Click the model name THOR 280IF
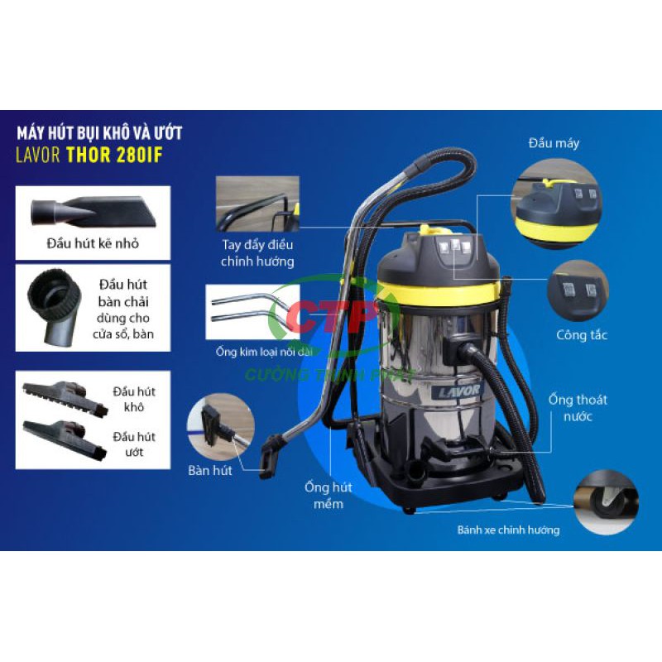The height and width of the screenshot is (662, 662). point(114,155)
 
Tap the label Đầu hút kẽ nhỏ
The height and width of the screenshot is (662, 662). point(93,243)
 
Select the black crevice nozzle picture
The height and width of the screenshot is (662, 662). point(93,211)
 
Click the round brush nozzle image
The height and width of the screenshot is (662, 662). point(54,307)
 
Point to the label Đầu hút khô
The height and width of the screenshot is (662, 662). point(134,399)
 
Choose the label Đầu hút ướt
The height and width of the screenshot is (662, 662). point(134,444)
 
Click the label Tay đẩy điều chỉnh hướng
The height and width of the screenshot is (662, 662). point(257,253)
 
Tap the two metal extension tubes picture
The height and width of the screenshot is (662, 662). point(252,312)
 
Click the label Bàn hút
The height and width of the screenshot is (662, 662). point(210,470)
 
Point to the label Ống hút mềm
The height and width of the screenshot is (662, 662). point(329,495)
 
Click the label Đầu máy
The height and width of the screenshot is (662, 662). point(554,143)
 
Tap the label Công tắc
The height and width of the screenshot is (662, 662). point(582,335)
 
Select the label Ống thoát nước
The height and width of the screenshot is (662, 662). point(578,408)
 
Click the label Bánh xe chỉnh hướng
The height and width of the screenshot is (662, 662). point(508,530)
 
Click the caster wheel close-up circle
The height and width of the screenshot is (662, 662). point(607,502)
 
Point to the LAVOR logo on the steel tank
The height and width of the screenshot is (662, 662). point(458,391)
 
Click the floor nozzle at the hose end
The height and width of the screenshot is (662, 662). point(271,456)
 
